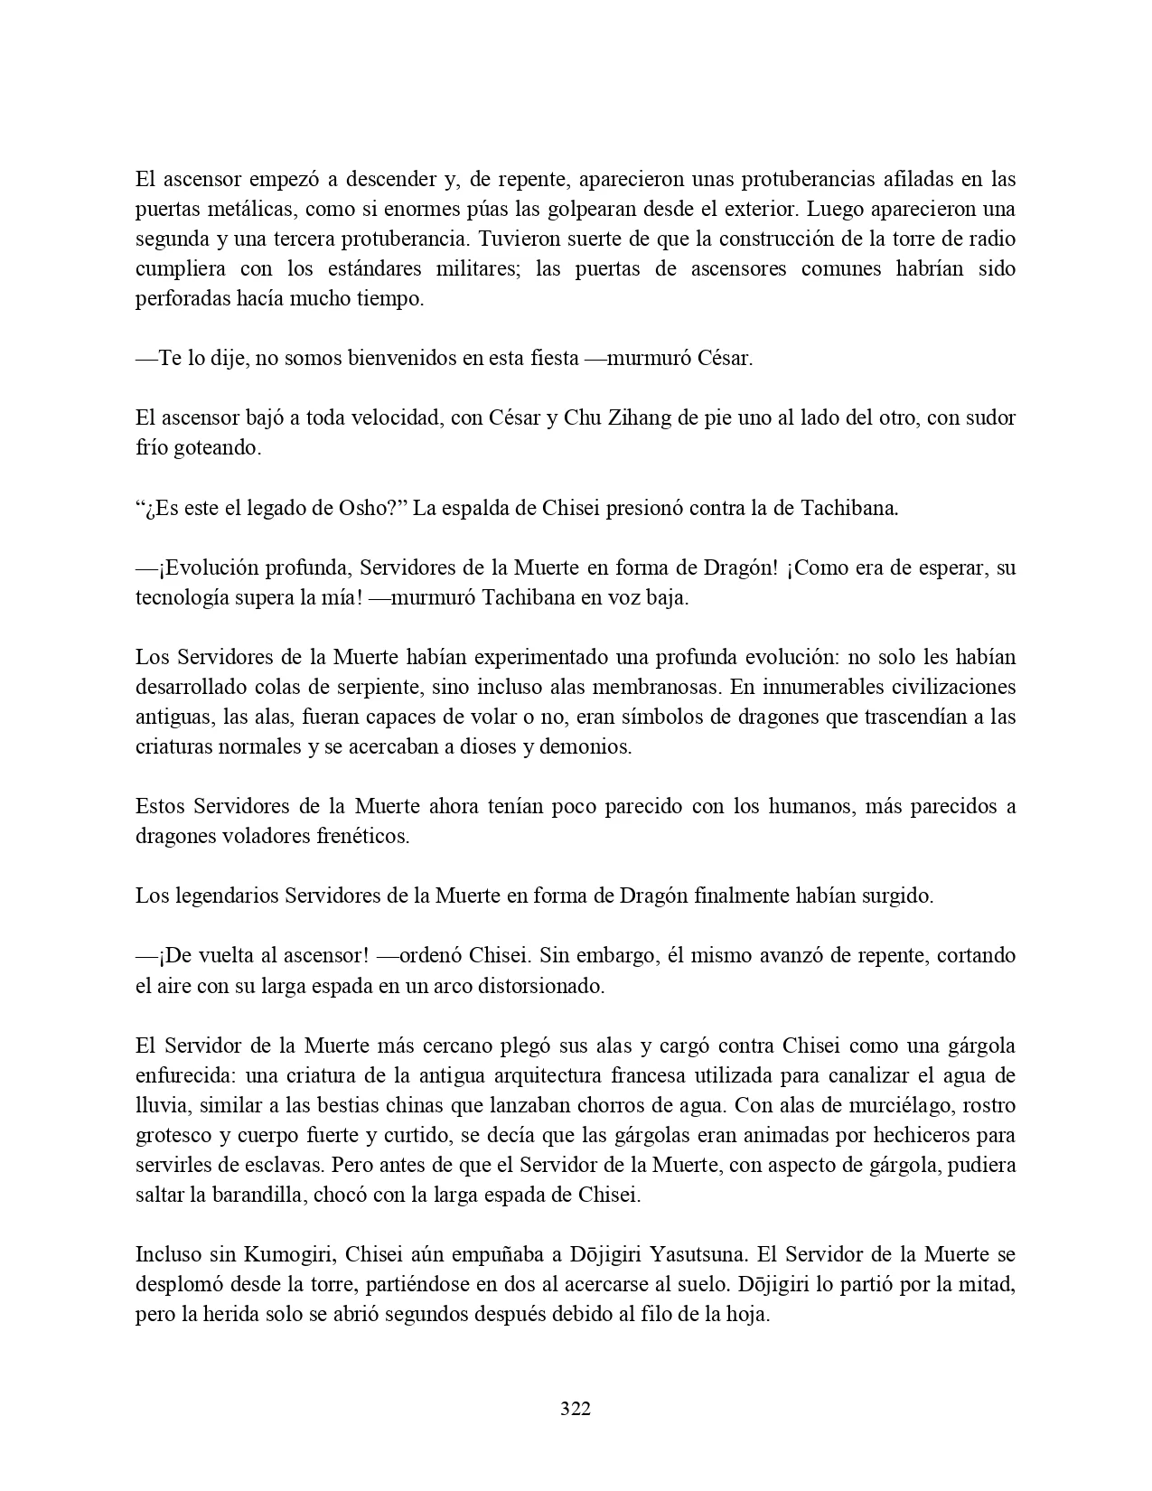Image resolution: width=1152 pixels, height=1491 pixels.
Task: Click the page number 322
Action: (x=576, y=1409)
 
